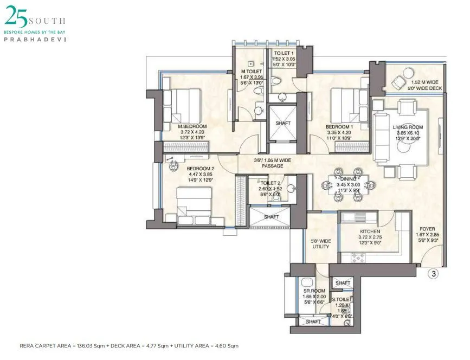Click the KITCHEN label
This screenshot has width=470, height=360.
pos(369,231)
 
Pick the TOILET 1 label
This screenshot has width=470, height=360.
pos(284,53)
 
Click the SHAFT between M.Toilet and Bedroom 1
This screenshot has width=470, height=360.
pos(283,123)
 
